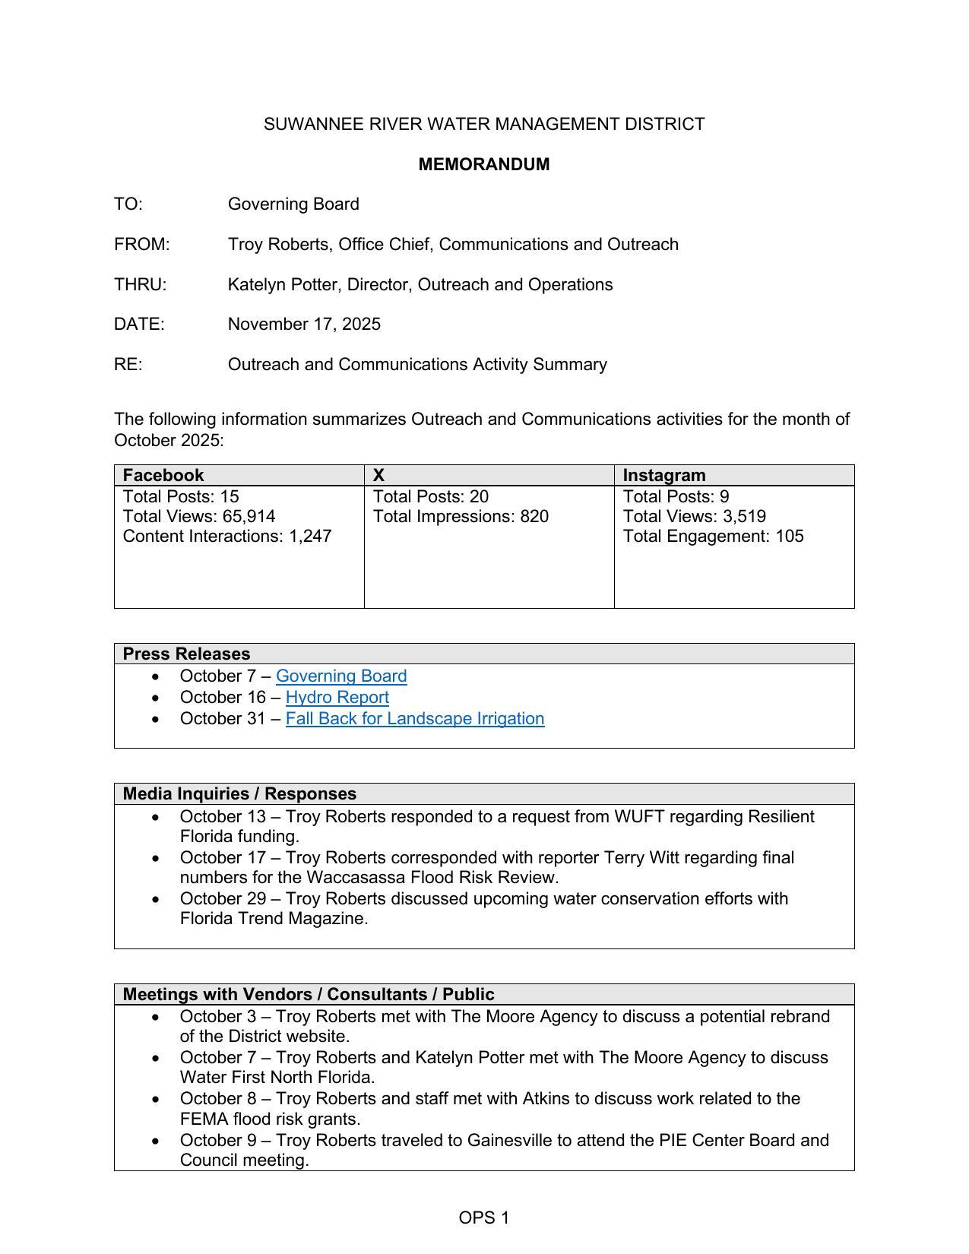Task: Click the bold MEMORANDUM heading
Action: [x=484, y=164]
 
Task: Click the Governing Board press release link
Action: [x=341, y=676]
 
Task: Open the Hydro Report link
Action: [x=337, y=697]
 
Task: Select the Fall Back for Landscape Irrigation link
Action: [x=415, y=718]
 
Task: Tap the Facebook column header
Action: [x=163, y=475]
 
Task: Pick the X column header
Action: [x=378, y=475]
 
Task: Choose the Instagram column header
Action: [x=664, y=475]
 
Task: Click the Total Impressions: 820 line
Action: [x=461, y=516]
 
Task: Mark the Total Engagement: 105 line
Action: [x=713, y=536]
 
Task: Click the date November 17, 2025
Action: [x=304, y=324]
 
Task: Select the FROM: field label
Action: [x=142, y=244]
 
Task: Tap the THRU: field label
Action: [x=140, y=284]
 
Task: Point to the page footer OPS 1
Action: [x=484, y=1218]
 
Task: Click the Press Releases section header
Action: [x=186, y=654]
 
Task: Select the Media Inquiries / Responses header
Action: [x=239, y=793]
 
